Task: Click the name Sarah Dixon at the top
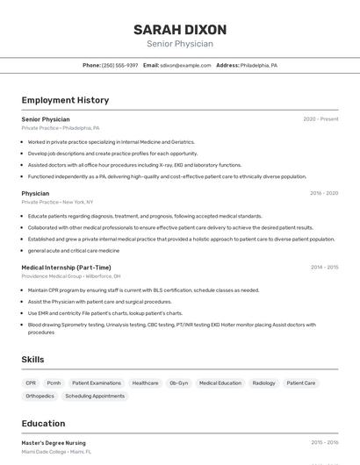pos(180,29)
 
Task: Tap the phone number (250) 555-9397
pos(119,65)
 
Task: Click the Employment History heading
pos(65,100)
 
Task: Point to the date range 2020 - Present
pos(320,118)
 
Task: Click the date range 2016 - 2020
pos(323,193)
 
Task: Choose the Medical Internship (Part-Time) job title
pos(66,268)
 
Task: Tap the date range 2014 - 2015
pos(324,268)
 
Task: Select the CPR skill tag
pos(31,383)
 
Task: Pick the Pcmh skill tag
pos(54,383)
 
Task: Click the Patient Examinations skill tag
pos(97,383)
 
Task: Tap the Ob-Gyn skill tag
pos(178,383)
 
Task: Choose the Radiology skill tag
pos(263,383)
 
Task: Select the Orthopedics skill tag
pos(40,396)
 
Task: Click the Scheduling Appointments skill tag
pos(95,396)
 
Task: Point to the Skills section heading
pos(32,360)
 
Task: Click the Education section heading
pos(44,424)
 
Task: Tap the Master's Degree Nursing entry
pos(54,443)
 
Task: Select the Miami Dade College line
pos(56,452)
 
